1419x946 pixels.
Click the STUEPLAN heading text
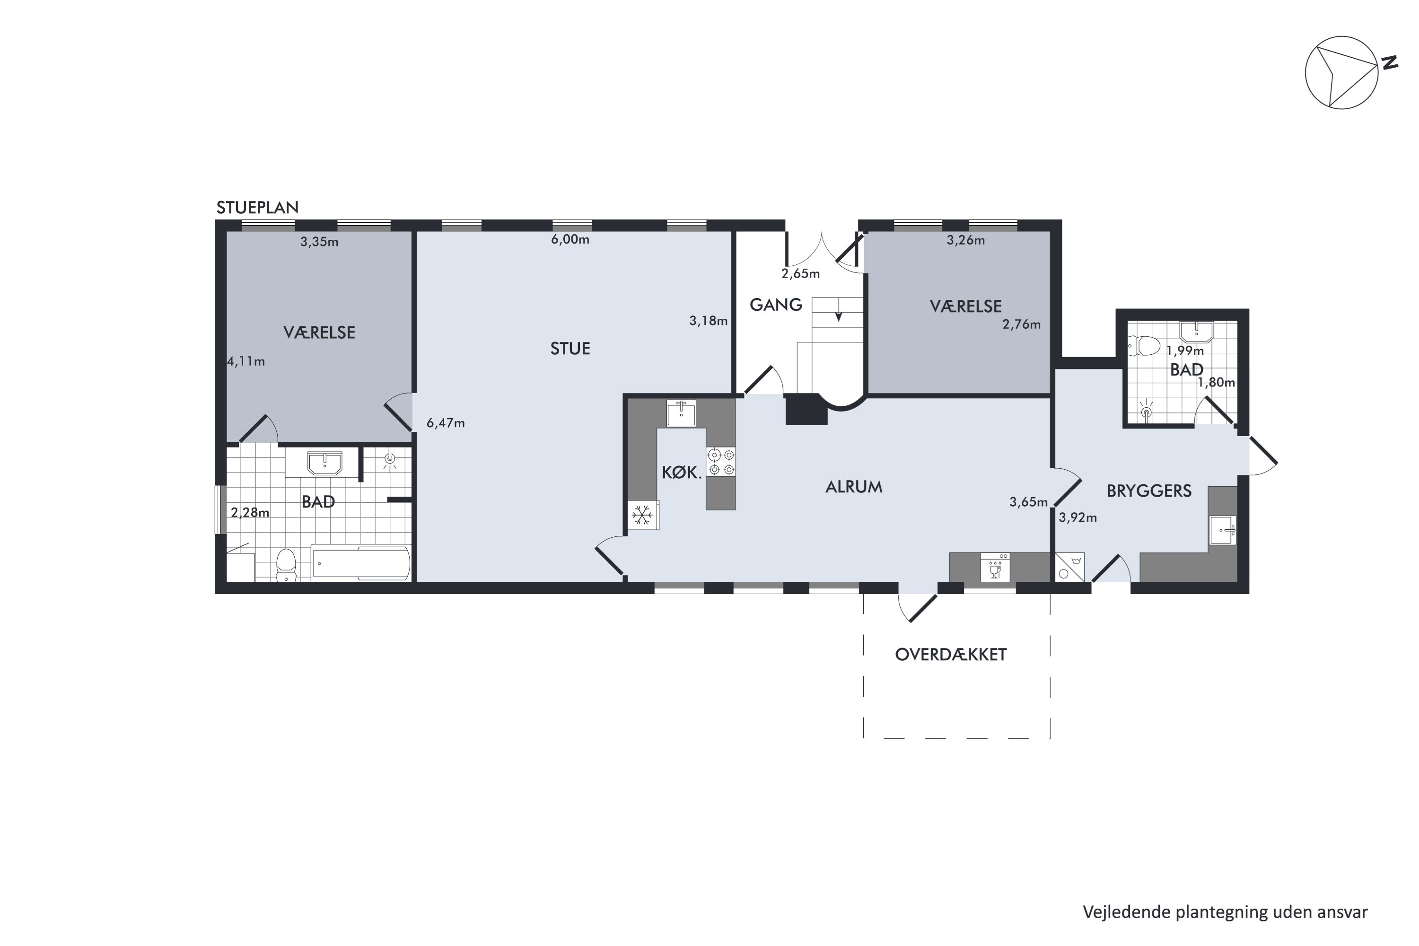coord(258,208)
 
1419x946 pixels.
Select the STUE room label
coord(570,349)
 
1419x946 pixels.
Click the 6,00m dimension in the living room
coord(570,239)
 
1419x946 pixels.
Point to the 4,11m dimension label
coord(245,361)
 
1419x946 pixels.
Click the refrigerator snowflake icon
coord(642,515)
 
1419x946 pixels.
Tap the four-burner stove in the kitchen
coord(722,462)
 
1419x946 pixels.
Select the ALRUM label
coord(854,487)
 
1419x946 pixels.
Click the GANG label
coord(776,305)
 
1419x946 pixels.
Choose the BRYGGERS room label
coord(1149,491)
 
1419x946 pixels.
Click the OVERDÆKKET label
coord(951,655)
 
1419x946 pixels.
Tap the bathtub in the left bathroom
coord(361,563)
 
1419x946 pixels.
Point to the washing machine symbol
coord(1069,567)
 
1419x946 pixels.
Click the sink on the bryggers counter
coord(1222,530)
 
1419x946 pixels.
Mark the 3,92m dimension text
coord(1077,517)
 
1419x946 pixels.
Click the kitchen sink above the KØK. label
coord(681,413)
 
